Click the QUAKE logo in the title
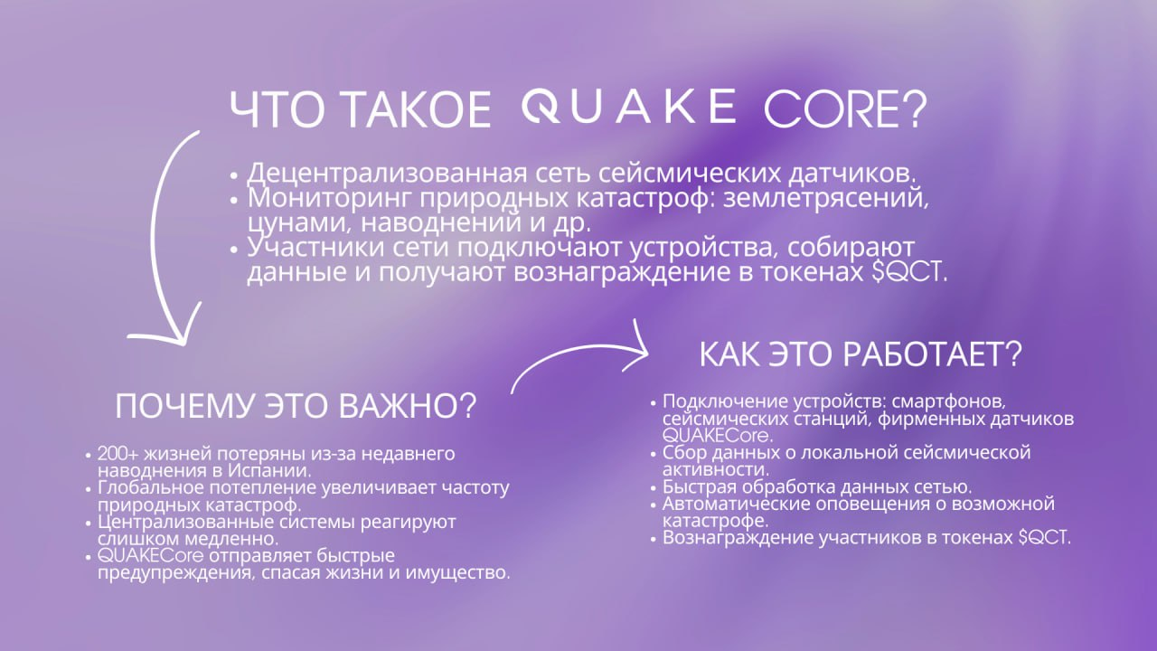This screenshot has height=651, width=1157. (629, 107)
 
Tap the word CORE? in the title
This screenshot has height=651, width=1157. (846, 109)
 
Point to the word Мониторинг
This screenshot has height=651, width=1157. (329, 199)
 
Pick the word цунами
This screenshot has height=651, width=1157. (298, 224)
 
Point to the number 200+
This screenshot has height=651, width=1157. (118, 454)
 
